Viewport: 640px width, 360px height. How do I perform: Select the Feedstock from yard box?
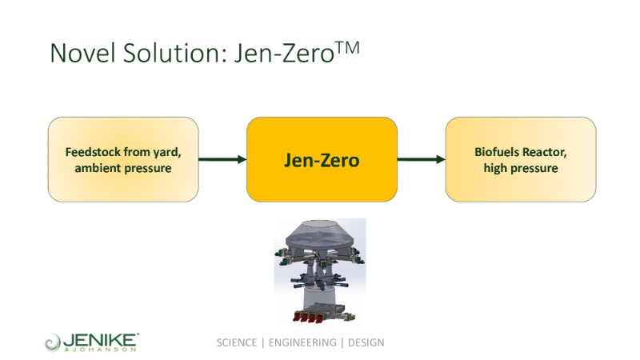(x=123, y=159)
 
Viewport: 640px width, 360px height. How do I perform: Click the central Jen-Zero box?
(x=322, y=159)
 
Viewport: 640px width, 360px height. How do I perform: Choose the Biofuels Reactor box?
(x=520, y=159)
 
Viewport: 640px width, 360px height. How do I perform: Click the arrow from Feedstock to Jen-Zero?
(x=222, y=159)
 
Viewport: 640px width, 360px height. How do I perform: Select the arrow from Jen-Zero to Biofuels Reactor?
(x=421, y=159)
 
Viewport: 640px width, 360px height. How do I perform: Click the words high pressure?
(x=521, y=168)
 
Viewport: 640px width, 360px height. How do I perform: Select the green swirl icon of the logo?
(x=53, y=342)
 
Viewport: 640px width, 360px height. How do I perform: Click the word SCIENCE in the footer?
(x=237, y=342)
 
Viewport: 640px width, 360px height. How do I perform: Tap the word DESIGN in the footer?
(x=366, y=342)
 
